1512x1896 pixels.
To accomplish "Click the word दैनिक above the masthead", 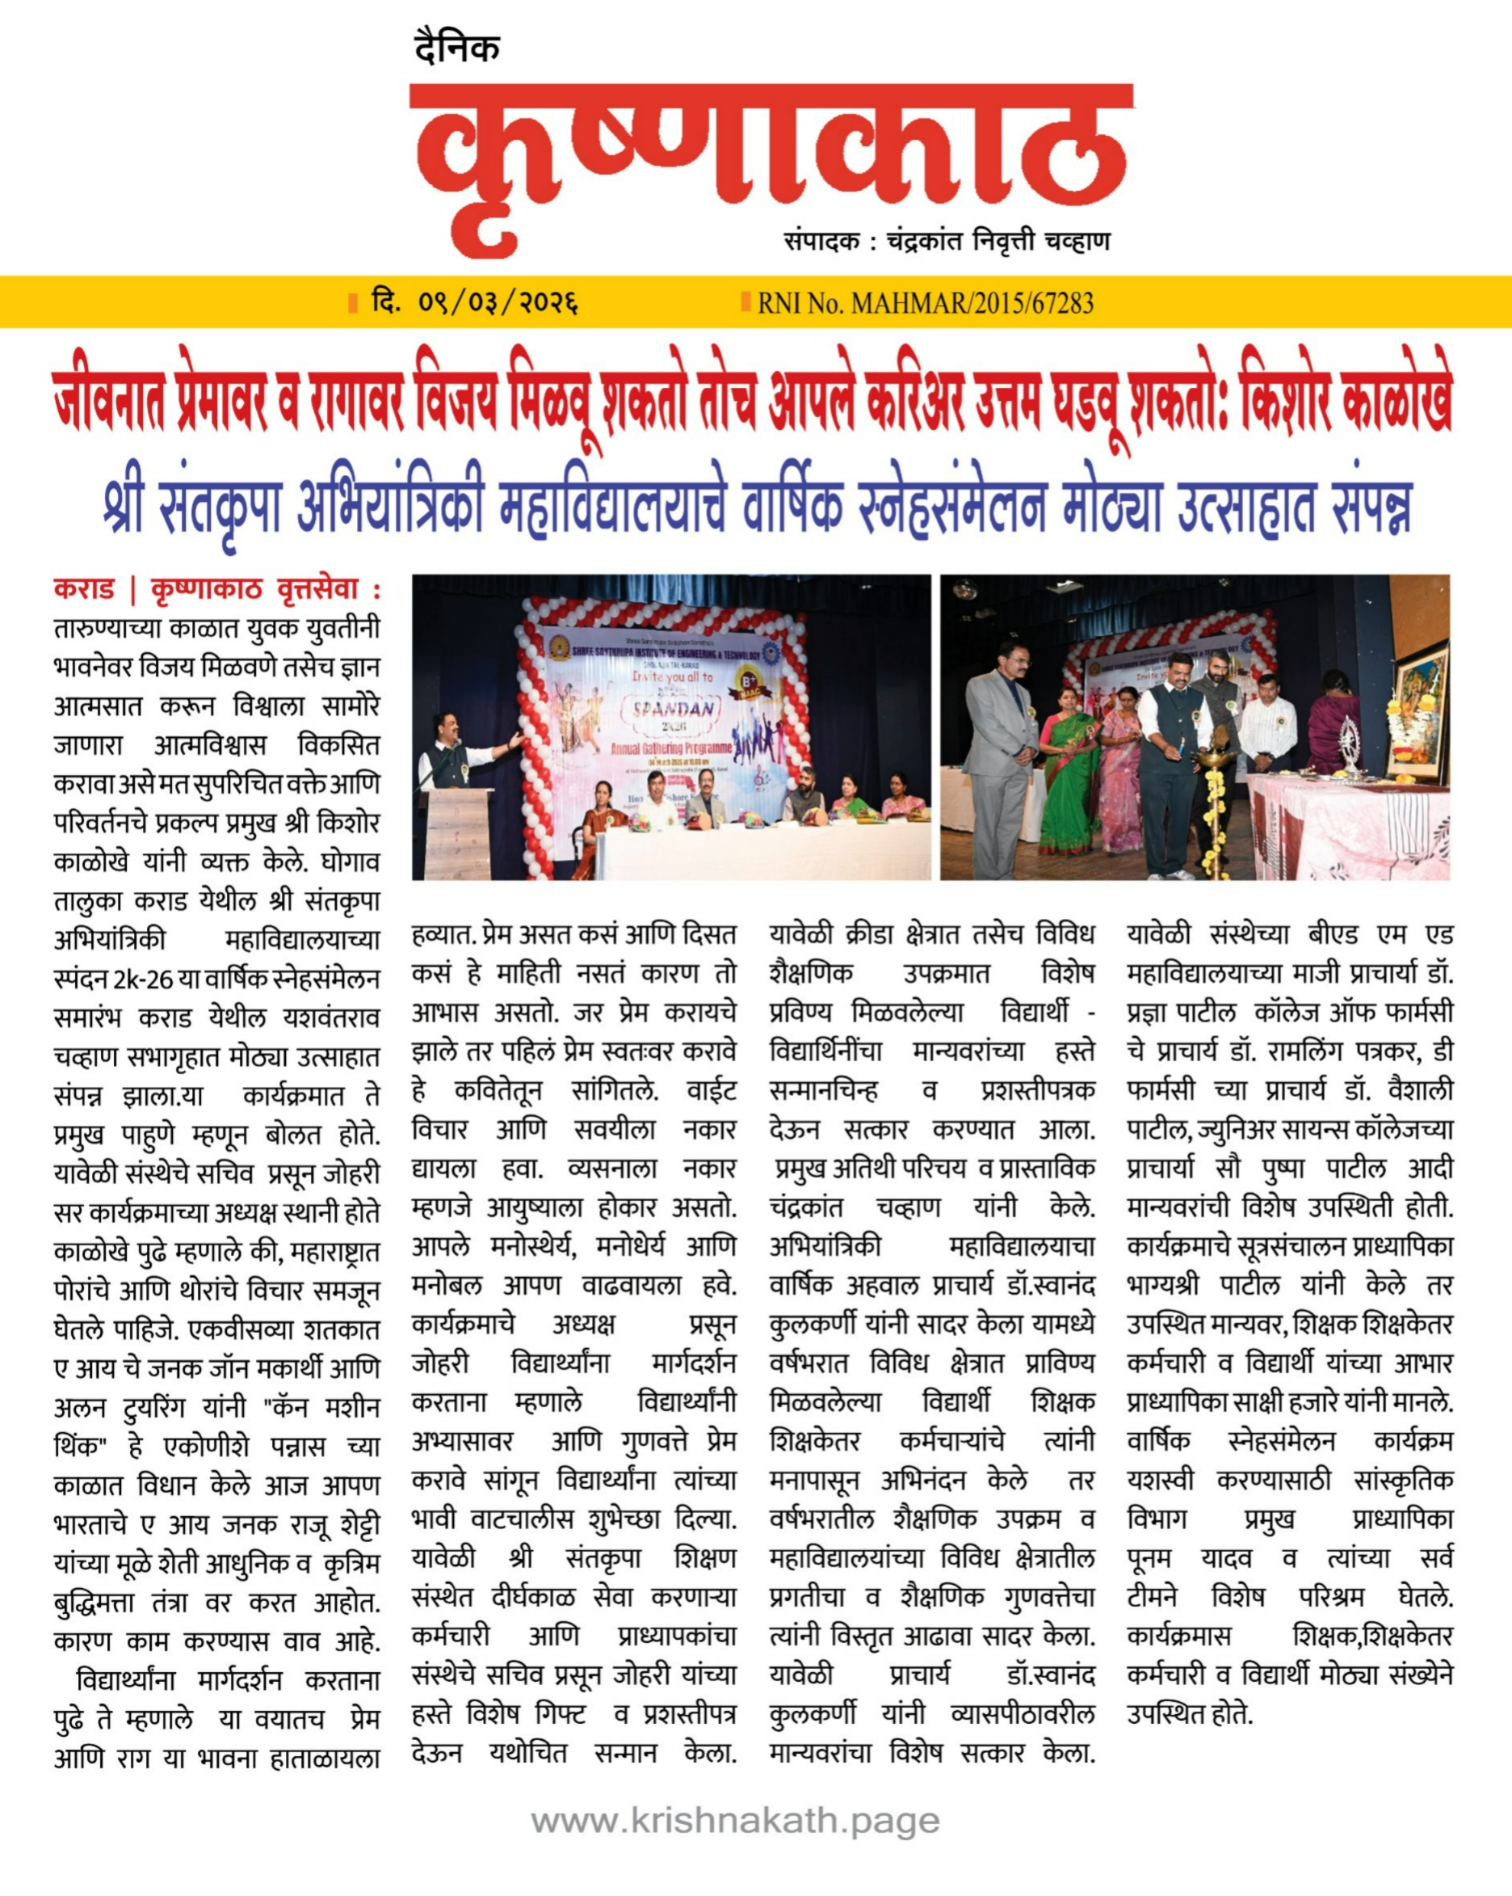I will [x=456, y=48].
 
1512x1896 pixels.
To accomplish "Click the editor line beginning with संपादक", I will [x=947, y=241].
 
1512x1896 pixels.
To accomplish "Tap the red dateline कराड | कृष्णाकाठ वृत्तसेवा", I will [x=216, y=588].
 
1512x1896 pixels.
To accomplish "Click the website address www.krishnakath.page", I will [x=735, y=1819].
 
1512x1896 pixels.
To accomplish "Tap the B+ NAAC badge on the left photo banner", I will [x=748, y=683].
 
